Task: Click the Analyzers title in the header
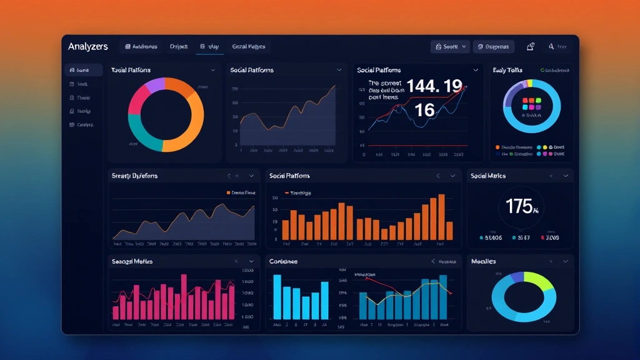pos(88,47)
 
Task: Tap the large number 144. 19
pos(434,86)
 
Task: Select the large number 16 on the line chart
pos(424,110)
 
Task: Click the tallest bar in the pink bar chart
pos(184,296)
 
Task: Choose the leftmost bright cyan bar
pos(277,297)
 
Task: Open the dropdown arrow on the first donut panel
pos(213,70)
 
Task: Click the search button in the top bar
pos(450,47)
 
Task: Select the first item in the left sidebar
pos(83,70)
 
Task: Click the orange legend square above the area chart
pos(228,193)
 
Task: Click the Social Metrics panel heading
pos(488,176)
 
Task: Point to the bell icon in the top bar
pos(531,47)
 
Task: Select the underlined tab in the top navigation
pos(209,47)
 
